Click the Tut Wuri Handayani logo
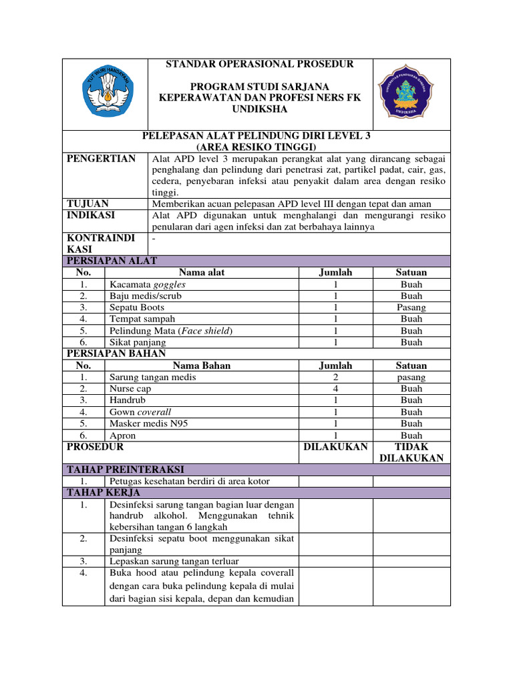(x=105, y=94)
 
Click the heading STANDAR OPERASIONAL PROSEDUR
(x=260, y=64)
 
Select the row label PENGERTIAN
(x=101, y=159)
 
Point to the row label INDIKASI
(x=91, y=215)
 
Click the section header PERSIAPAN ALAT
(x=111, y=261)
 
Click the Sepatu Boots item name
(x=136, y=307)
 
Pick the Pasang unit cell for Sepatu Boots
(x=411, y=307)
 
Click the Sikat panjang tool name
(x=138, y=342)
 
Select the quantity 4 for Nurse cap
(x=335, y=389)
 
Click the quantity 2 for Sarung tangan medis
(x=335, y=377)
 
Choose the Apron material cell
(x=123, y=435)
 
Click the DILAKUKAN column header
(x=335, y=447)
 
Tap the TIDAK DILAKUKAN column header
(x=411, y=452)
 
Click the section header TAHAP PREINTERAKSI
(x=124, y=470)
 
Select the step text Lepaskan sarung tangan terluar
(x=174, y=561)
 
